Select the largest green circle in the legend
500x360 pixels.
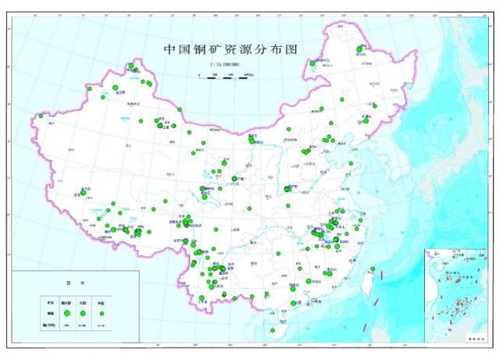pyautogui.click(x=67, y=312)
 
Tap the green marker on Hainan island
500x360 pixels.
pyautogui.click(x=294, y=304)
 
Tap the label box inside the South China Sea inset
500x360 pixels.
pyautogui.click(x=471, y=339)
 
